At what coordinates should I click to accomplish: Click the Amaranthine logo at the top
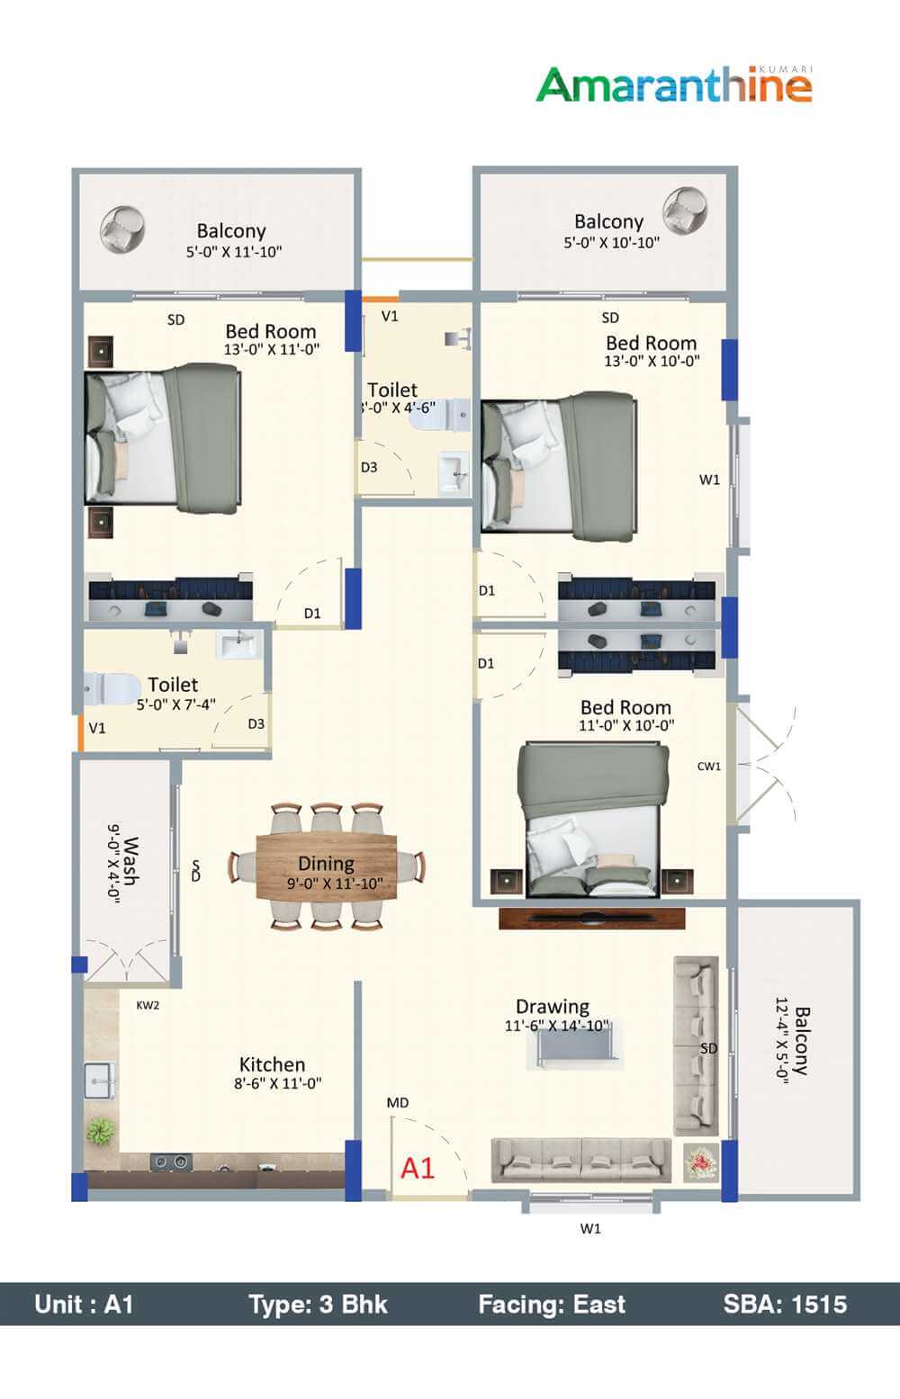pos(674,85)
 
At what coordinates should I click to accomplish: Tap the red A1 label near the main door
pos(417,1168)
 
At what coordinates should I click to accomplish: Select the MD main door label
pos(397,1102)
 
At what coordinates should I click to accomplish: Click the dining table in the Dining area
pos(327,865)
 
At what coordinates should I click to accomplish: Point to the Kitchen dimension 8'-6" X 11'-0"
pos(277,1084)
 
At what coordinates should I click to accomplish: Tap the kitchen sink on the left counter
pos(102,1077)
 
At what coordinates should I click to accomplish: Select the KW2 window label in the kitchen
pos(148,1005)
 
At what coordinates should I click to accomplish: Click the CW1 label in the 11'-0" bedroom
pos(709,767)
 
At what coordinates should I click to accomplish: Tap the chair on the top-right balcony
pos(684,211)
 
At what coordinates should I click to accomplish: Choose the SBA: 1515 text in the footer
pos(784,1304)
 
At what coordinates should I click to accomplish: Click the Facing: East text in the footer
pos(551,1304)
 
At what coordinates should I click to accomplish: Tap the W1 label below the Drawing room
pos(589,1228)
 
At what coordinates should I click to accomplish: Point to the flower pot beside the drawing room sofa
pos(699,1162)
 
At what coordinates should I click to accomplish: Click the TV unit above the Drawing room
pos(591,919)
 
